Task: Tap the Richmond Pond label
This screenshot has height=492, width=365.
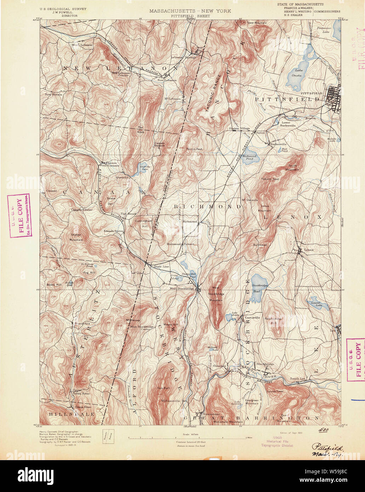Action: (249, 158)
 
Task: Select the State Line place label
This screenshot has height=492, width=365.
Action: (160, 266)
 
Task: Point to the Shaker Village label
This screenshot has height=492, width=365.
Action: (239, 128)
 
